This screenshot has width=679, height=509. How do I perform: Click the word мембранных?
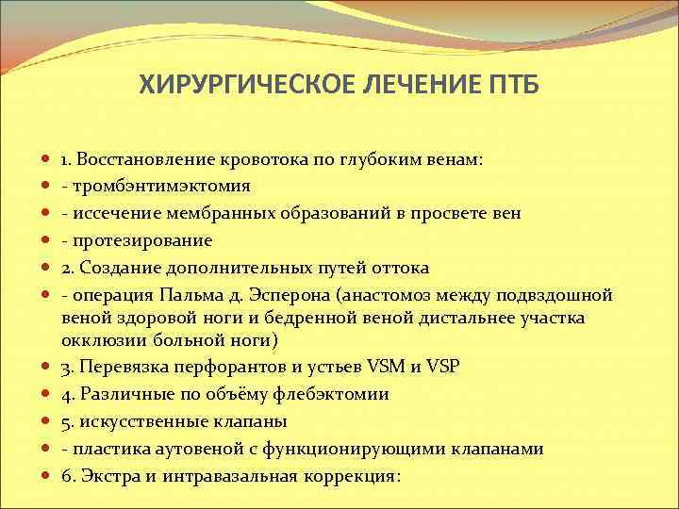[192, 213]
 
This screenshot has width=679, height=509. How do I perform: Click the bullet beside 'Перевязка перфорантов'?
[46, 368]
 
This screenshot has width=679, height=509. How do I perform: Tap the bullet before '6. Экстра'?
[46, 476]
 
